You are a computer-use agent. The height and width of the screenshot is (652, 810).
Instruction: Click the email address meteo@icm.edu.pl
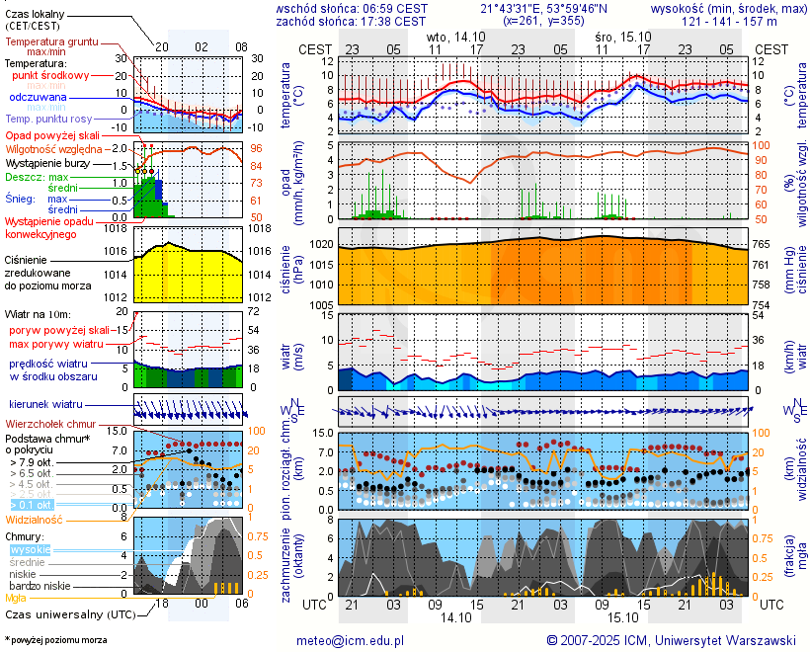click(351, 640)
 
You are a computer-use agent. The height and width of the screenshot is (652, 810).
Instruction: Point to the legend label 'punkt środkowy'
click(50, 75)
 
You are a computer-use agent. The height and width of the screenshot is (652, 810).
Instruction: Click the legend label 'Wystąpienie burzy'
click(47, 162)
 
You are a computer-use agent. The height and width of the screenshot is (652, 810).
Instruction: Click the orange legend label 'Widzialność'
click(35, 518)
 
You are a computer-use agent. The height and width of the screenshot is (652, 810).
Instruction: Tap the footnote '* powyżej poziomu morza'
click(56, 640)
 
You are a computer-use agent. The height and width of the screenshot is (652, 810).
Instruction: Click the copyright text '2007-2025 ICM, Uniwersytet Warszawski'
click(678, 640)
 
